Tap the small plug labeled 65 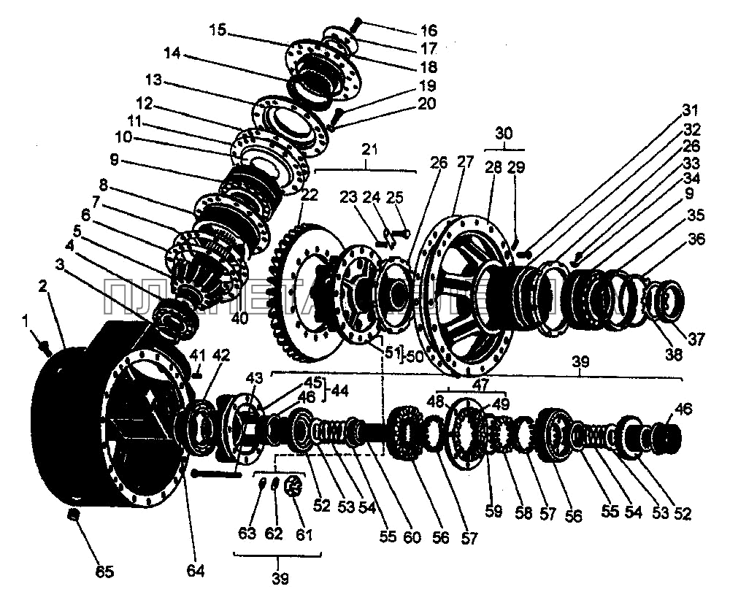tap(73, 516)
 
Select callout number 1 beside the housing tap(27, 320)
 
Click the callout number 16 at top tap(429, 30)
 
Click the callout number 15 tap(218, 30)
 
